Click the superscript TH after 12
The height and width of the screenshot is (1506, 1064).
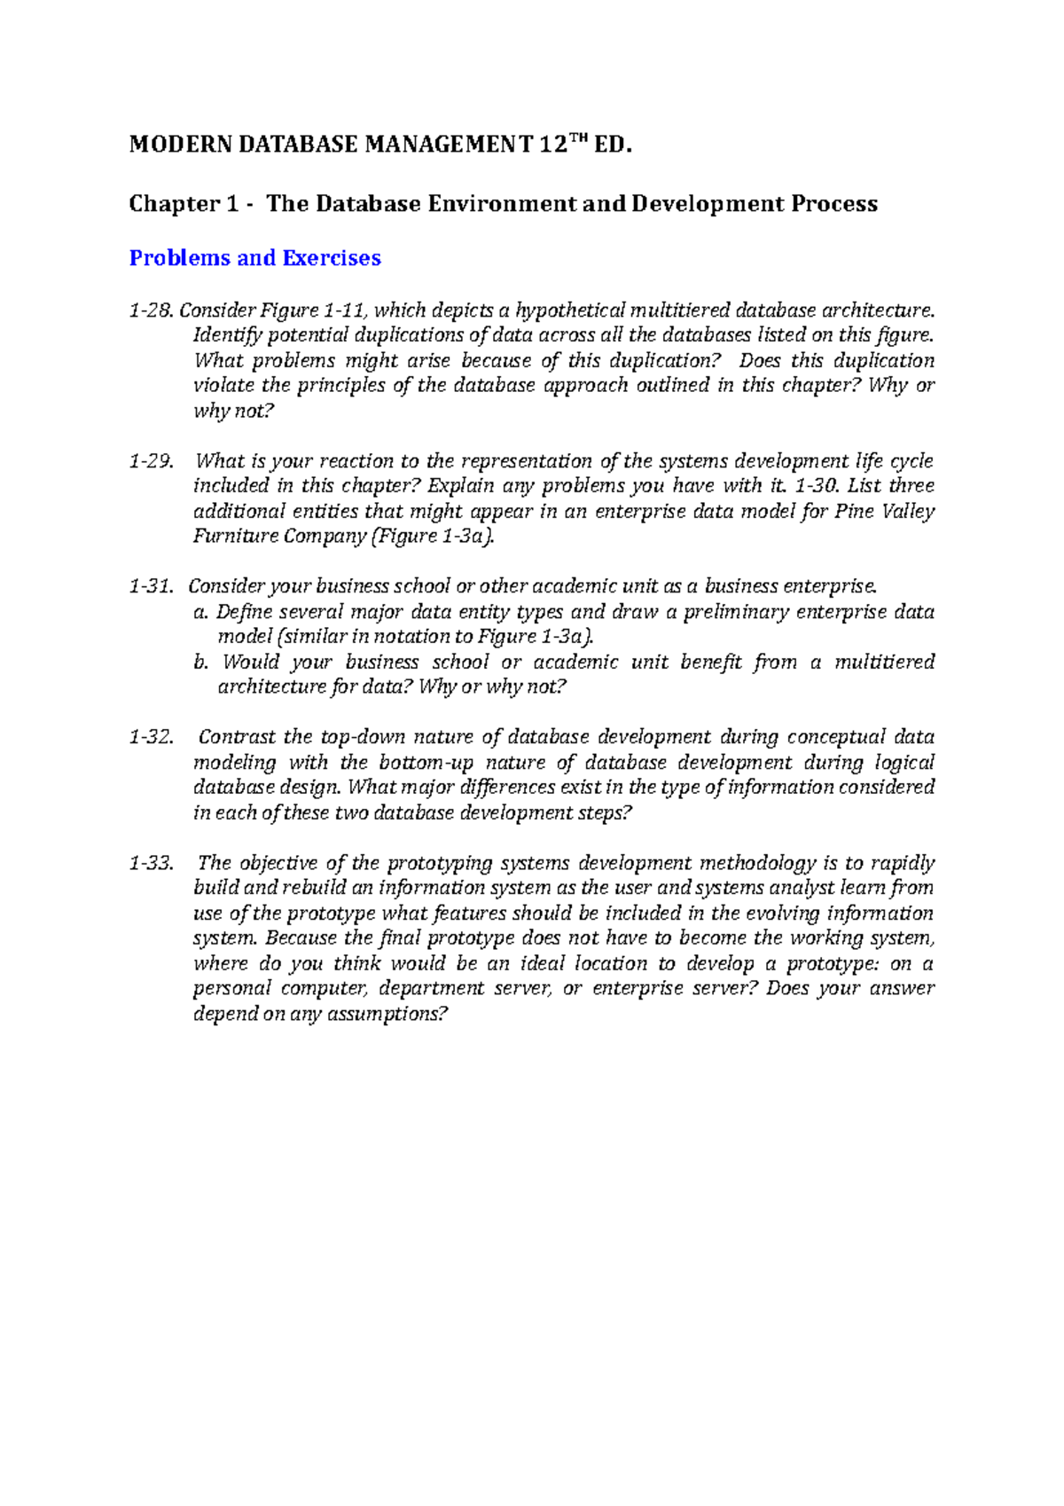579,139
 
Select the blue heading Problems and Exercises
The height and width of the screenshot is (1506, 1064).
254,258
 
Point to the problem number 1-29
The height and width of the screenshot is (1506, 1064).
150,461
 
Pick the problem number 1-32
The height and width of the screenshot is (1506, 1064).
151,737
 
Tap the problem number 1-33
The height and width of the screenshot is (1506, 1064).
151,863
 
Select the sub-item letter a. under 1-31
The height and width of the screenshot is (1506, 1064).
200,612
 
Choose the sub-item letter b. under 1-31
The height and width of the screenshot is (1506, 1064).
200,663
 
